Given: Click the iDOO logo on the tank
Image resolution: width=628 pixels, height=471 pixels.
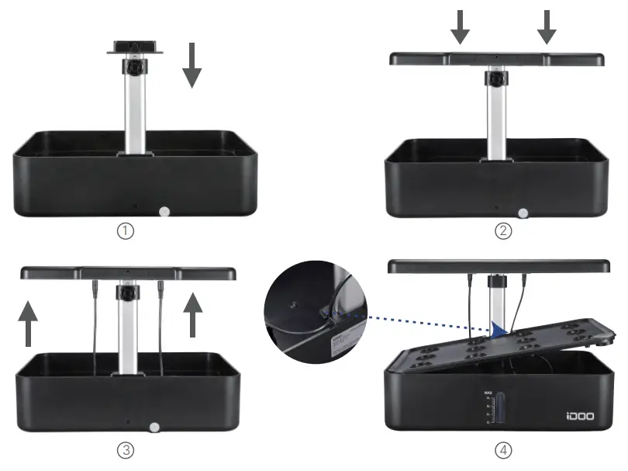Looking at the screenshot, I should coord(581,416).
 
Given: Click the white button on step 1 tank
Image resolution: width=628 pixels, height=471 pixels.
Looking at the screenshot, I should coord(164,211).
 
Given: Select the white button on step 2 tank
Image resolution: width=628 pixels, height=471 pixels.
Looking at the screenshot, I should coord(523,212).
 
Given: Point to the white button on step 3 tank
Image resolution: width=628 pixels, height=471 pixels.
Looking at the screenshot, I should coord(154,426).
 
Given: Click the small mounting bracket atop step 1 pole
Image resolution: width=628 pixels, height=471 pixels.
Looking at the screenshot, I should coord(136,48).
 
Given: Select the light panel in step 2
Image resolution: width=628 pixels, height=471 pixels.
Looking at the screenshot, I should coord(496,60).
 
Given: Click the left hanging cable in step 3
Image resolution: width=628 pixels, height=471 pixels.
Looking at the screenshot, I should coord(95,318).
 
